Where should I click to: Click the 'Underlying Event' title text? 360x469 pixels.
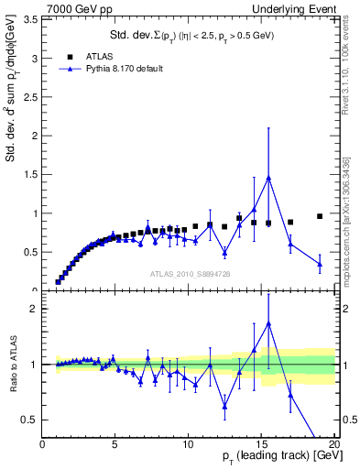pos(299,8)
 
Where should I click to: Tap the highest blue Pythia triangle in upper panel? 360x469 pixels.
pos(268,178)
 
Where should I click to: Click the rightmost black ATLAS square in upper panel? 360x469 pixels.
pos(320,216)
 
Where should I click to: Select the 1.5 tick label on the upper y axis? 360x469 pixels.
pos(27,175)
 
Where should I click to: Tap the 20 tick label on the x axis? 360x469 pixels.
pos(333,444)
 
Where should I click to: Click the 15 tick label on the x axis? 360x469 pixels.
pos(261,444)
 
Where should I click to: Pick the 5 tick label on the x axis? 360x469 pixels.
pos(115,444)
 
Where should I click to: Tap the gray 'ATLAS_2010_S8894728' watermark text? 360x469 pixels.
pos(190,273)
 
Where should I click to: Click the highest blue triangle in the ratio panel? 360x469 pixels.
pos(268,323)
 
